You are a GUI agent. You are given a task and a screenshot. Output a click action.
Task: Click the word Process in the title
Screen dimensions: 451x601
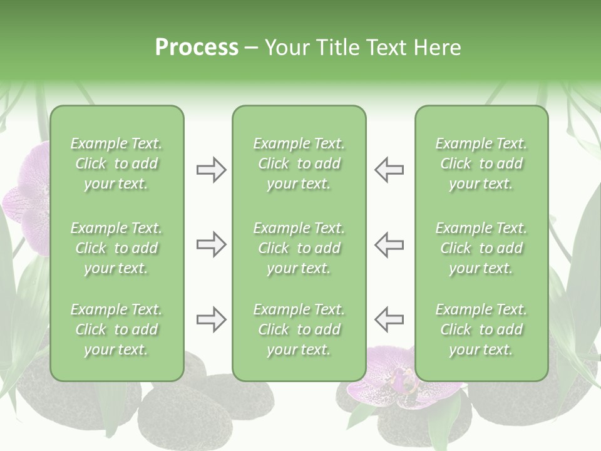tap(197, 48)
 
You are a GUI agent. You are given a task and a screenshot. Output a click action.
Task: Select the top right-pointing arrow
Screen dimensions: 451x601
tap(212, 170)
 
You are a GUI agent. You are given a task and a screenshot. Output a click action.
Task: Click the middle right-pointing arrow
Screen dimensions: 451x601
tap(212, 244)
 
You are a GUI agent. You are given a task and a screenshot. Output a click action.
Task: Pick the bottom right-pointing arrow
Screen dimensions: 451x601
tap(212, 319)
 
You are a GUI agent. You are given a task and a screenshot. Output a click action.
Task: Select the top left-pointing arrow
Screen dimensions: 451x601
tap(389, 170)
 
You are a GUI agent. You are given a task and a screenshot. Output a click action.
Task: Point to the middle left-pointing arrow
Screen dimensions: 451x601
tap(389, 244)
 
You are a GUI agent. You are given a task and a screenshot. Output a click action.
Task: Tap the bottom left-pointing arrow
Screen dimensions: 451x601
tap(389, 319)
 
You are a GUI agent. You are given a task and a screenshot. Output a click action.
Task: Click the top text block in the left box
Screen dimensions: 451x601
tap(116, 163)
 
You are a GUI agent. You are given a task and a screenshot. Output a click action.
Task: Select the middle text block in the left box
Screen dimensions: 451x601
tap(116, 248)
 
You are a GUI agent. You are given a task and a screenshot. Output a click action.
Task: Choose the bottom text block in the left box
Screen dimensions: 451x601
tap(116, 329)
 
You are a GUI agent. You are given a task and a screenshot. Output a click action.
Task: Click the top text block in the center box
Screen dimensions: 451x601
tap(299, 163)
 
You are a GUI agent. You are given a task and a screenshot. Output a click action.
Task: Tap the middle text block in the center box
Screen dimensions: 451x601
tap(299, 248)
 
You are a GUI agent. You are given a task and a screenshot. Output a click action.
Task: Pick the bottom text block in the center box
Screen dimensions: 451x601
tap(299, 329)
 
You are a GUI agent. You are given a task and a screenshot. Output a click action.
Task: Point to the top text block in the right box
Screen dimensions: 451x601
tap(481, 163)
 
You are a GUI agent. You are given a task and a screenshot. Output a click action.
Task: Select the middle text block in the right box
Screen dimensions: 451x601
tap(481, 248)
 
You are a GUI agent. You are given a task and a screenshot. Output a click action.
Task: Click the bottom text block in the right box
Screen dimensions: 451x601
tap(481, 329)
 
